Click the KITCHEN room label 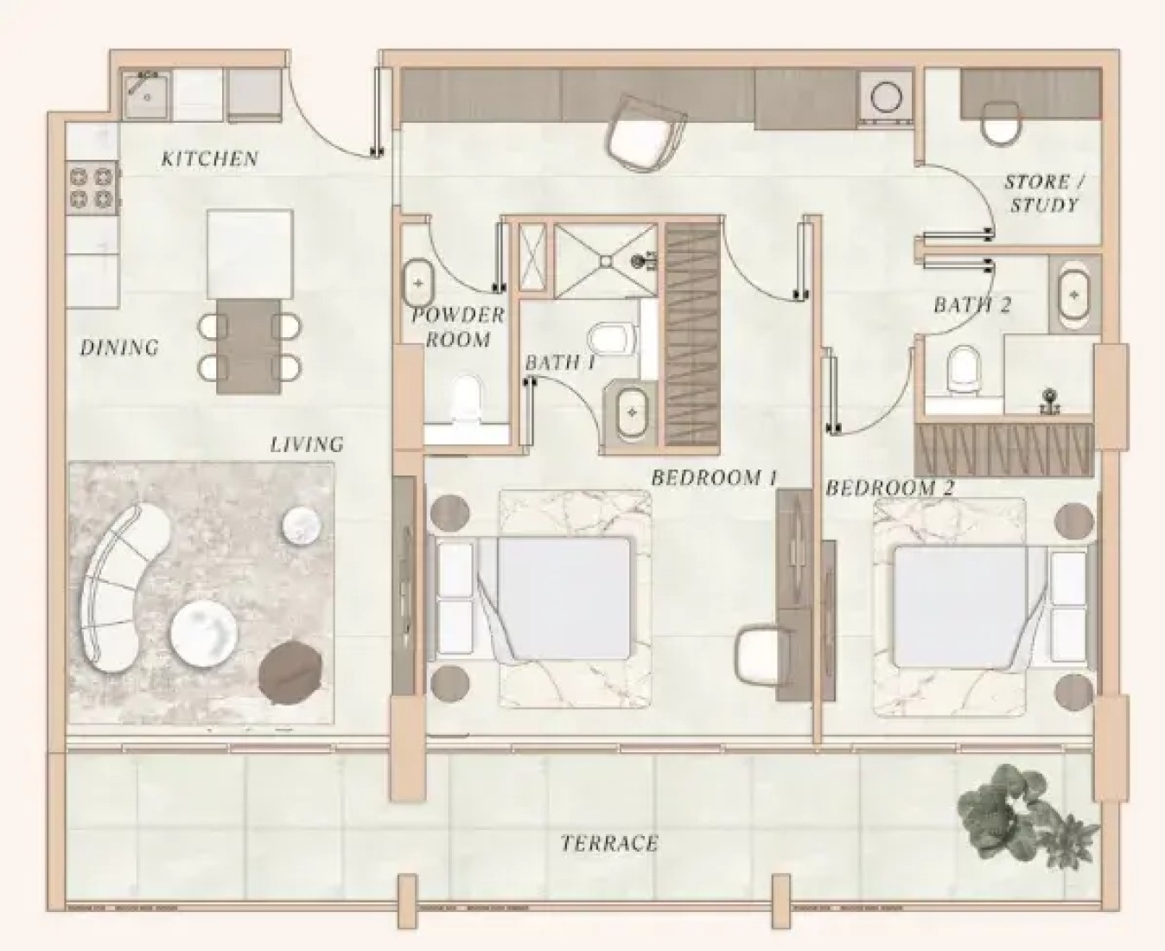pyautogui.click(x=210, y=159)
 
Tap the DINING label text pyautogui.click(x=120, y=348)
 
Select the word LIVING pyautogui.click(x=307, y=444)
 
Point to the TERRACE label pyautogui.click(x=609, y=843)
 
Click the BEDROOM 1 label pyautogui.click(x=715, y=477)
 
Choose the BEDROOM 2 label pyautogui.click(x=890, y=488)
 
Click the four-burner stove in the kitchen pyautogui.click(x=92, y=188)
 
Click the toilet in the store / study pyautogui.click(x=1001, y=124)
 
